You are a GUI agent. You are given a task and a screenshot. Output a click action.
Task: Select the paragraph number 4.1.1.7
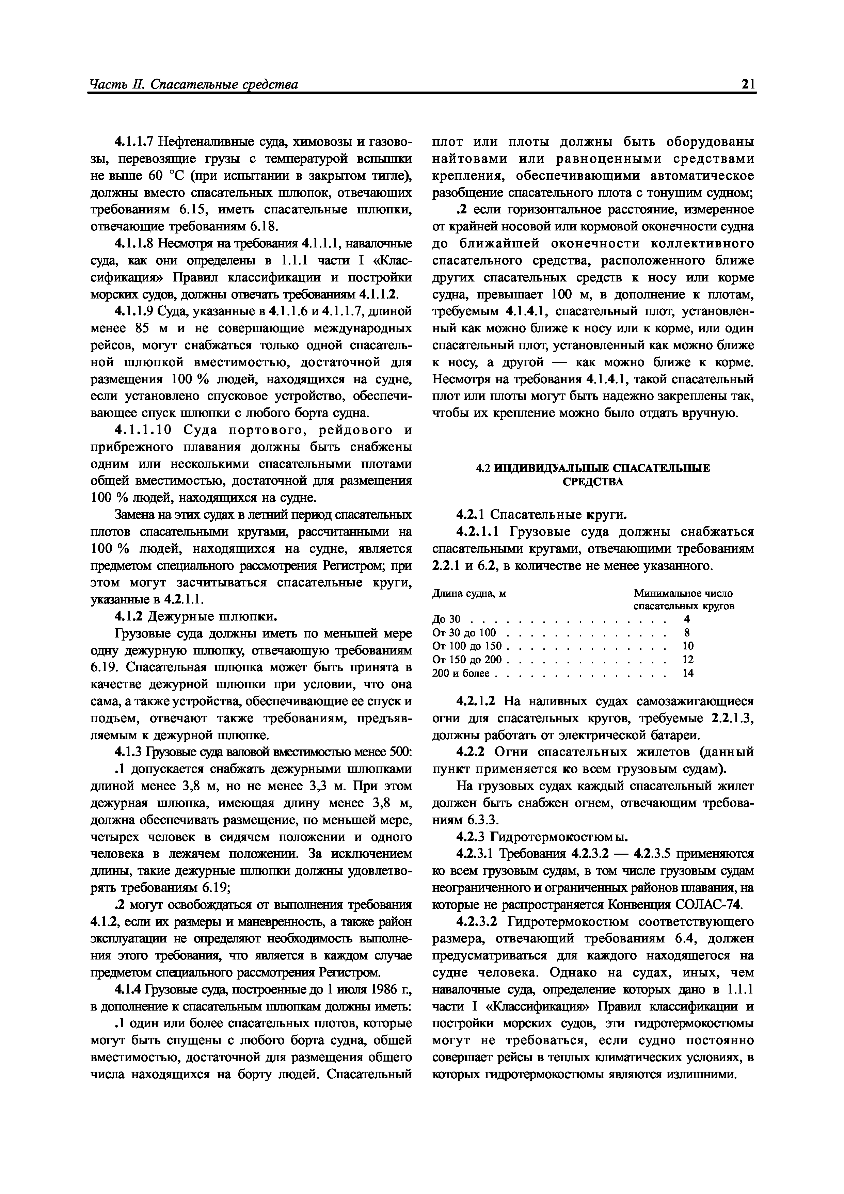(x=135, y=142)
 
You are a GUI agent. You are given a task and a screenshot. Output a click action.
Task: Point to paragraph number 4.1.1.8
(x=135, y=243)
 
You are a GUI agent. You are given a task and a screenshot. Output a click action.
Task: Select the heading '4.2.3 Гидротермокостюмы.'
(x=541, y=837)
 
